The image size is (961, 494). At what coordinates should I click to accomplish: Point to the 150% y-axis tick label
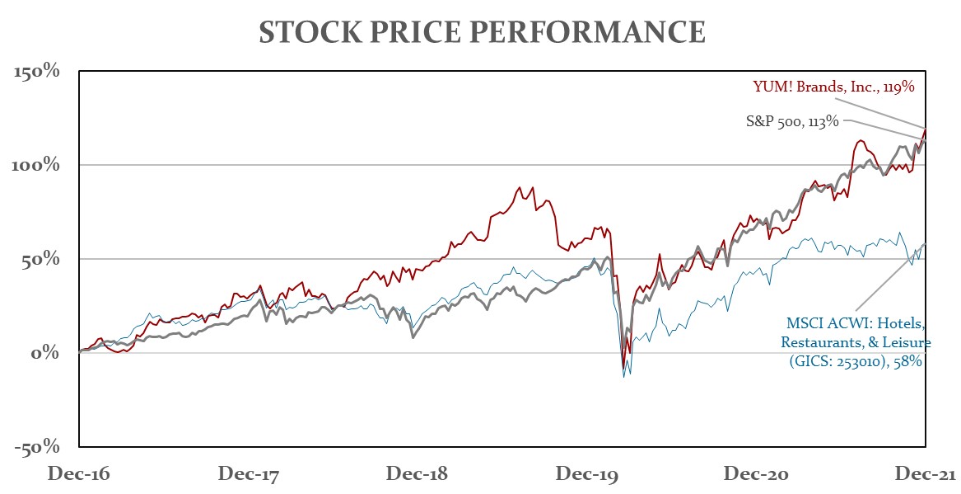(38, 71)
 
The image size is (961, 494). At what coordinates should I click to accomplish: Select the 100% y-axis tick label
(38, 165)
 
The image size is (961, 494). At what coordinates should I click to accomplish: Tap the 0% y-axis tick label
(48, 353)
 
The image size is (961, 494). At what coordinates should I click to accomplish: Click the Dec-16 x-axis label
(79, 474)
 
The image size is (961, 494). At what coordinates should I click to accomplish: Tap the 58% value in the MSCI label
(917, 360)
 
